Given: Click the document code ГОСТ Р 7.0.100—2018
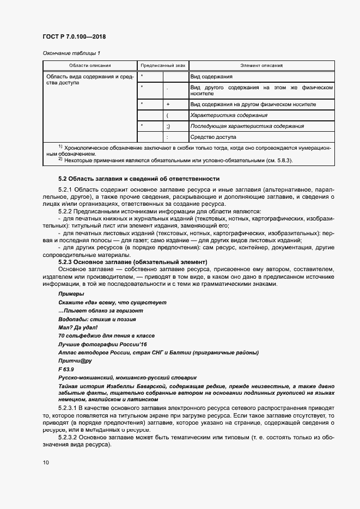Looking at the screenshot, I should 74,37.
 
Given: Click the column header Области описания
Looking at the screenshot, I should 90,65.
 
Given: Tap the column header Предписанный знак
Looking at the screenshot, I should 162,65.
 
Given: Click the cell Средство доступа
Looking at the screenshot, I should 213,137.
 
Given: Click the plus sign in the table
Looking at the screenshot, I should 168,104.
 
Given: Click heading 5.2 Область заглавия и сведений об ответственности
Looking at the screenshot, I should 138,179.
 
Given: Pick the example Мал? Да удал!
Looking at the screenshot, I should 77,328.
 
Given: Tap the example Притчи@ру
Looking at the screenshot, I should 75,361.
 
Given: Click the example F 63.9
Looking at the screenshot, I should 66,370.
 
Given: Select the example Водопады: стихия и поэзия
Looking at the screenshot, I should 97,319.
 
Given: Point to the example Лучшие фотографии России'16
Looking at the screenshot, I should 102,345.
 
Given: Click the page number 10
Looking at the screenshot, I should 45,462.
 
